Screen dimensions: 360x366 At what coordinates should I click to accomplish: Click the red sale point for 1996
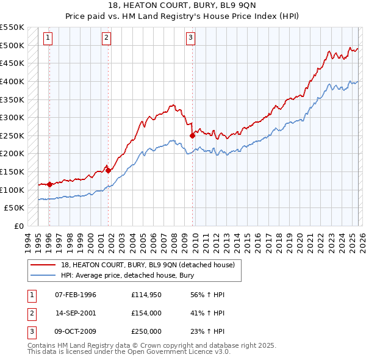point(49,184)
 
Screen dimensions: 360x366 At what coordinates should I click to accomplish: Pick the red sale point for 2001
point(108,170)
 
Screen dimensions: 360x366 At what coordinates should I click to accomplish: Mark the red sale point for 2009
point(192,135)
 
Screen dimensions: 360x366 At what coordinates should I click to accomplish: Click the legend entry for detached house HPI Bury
point(127,275)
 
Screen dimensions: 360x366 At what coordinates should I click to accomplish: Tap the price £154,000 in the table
point(146,313)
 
